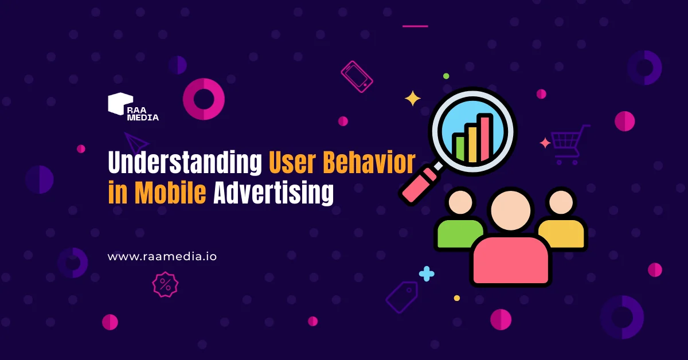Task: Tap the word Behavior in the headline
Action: (x=369, y=162)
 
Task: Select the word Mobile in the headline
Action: (x=170, y=193)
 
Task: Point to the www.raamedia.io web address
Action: (x=162, y=256)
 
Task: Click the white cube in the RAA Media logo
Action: (x=120, y=104)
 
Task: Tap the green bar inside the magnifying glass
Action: (x=459, y=148)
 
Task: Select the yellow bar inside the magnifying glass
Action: (x=472, y=143)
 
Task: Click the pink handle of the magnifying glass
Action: (x=420, y=186)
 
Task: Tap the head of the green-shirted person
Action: (x=460, y=202)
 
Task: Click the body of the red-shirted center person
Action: (x=510, y=260)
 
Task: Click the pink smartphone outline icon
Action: (x=357, y=77)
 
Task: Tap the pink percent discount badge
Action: (x=165, y=285)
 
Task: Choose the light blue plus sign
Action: (x=427, y=273)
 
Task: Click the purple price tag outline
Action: (x=402, y=297)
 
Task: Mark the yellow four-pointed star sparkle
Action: (x=412, y=98)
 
